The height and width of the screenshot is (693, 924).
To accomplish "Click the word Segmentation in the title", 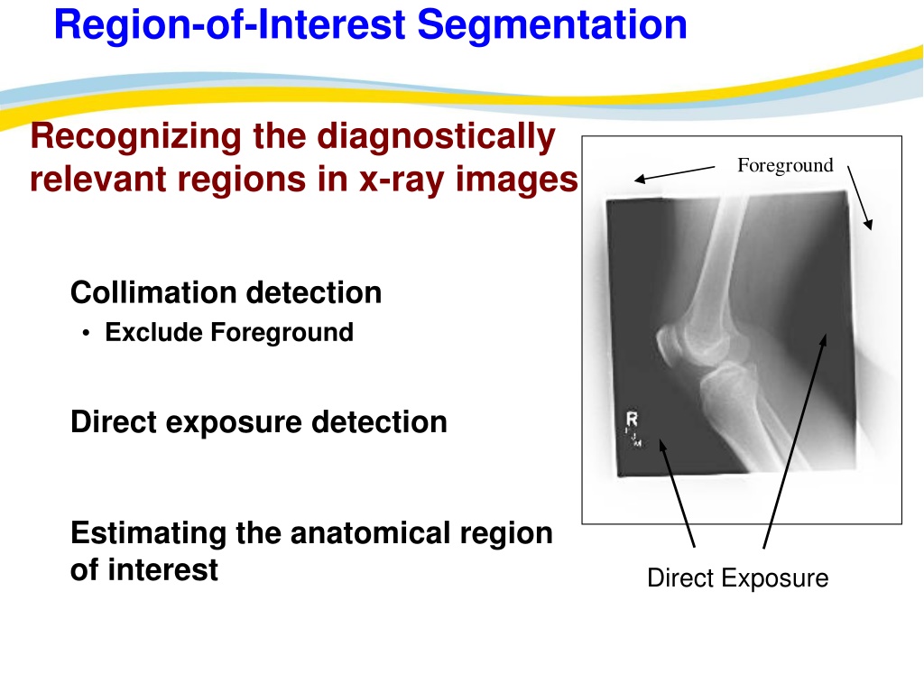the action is pyautogui.click(x=552, y=25).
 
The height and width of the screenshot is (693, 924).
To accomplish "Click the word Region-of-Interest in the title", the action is pyautogui.click(x=230, y=25).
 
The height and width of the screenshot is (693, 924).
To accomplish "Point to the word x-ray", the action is pyautogui.click(x=402, y=180).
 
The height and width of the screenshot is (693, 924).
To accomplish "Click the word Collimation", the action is pyautogui.click(x=153, y=292).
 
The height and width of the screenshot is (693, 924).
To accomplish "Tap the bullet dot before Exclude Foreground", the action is pyautogui.click(x=87, y=334).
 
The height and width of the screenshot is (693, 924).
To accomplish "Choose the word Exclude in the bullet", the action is pyautogui.click(x=153, y=332).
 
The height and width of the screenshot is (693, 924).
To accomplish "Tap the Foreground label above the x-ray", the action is pyautogui.click(x=785, y=166).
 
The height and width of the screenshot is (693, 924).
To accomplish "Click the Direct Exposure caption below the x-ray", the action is pyautogui.click(x=738, y=578).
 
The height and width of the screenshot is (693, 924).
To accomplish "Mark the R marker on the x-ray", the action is pyautogui.click(x=632, y=419).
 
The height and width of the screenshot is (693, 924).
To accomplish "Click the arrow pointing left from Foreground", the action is pyautogui.click(x=675, y=174).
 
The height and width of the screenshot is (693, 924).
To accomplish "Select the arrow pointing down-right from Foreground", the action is pyautogui.click(x=860, y=198).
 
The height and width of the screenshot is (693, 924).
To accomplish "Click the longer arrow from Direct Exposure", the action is pyautogui.click(x=795, y=441).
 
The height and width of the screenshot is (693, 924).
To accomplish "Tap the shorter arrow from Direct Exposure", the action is pyautogui.click(x=677, y=494).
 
